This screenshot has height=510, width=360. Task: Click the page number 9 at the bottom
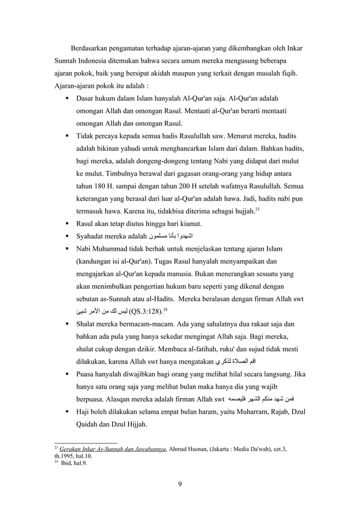tap(179, 482)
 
